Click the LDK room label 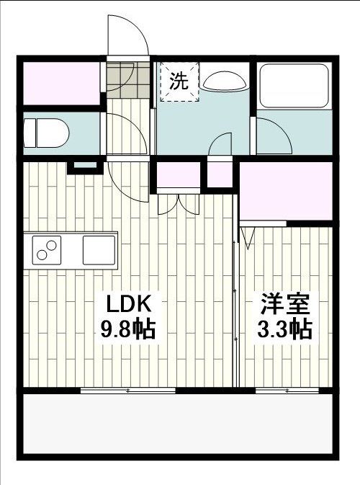[128, 302]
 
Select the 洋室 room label [285, 302]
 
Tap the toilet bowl [46, 133]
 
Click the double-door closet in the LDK [178, 176]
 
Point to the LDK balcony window [127, 390]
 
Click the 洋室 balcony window [287, 390]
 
